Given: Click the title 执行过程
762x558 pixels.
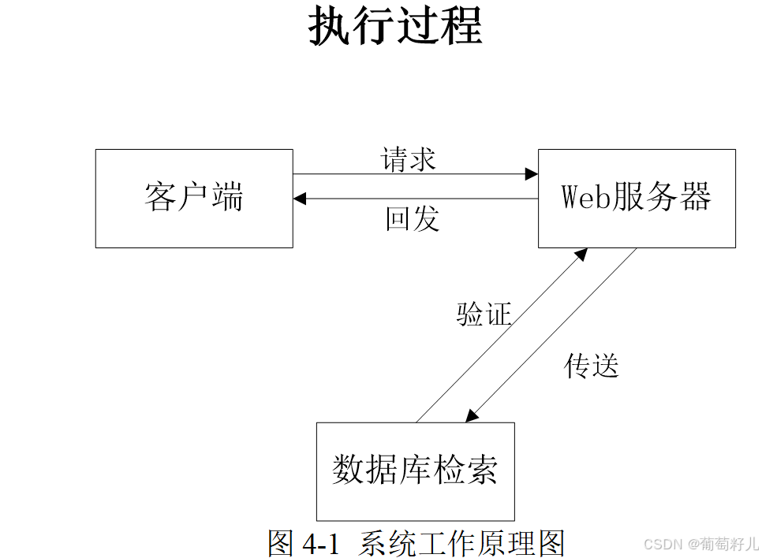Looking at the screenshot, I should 394,27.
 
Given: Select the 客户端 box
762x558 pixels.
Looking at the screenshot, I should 194,199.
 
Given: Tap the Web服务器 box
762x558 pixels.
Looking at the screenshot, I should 637,199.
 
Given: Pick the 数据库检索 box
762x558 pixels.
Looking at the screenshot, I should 415,471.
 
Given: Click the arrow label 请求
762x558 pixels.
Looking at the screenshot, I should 409,159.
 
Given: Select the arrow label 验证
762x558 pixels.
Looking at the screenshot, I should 484,314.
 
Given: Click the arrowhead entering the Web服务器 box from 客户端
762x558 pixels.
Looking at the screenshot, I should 531,174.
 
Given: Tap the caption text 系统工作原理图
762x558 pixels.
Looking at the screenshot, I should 462,543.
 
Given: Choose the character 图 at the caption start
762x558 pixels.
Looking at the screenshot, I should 282,543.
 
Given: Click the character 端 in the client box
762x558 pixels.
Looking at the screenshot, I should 228,197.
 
